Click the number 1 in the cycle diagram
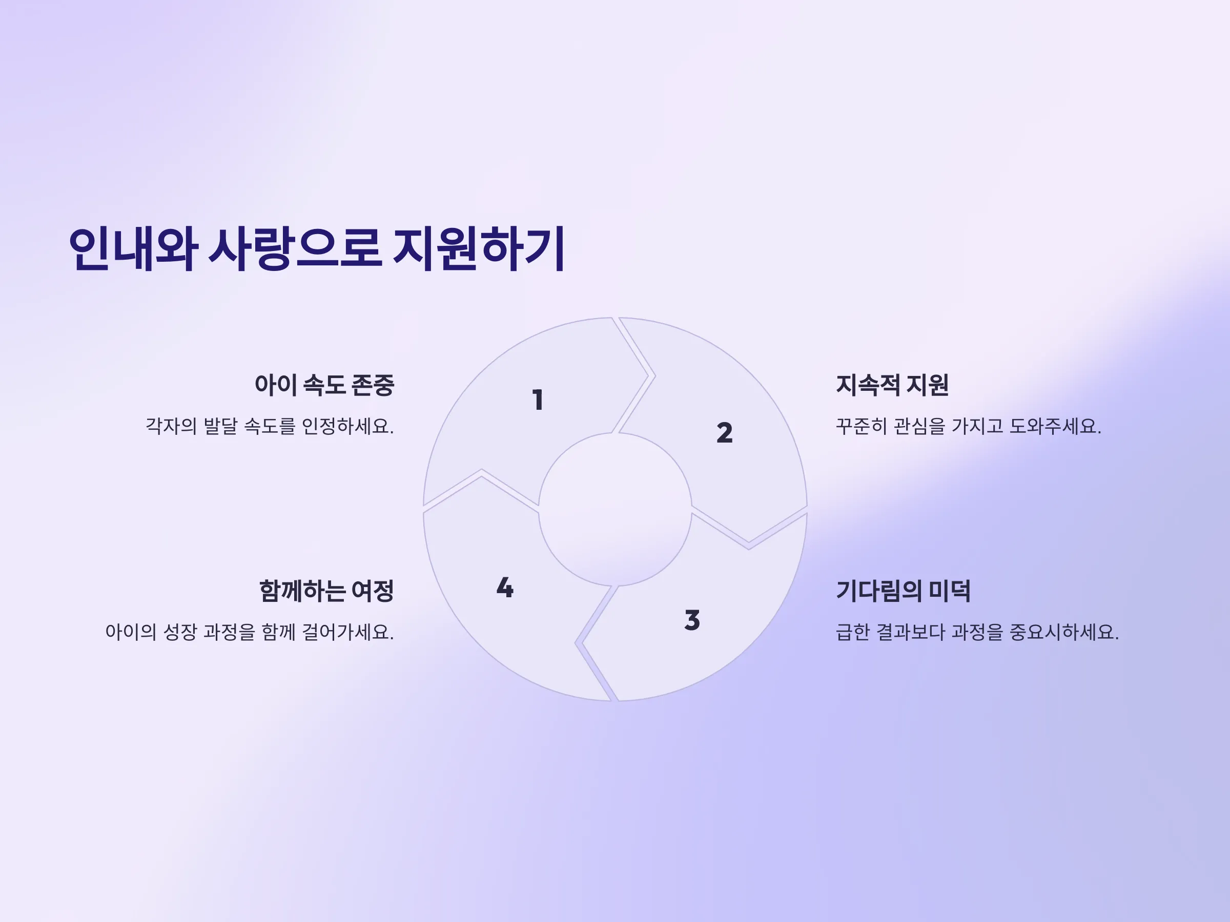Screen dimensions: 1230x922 click(538, 400)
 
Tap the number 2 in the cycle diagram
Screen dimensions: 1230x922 click(725, 432)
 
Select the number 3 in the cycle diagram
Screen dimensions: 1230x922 click(692, 620)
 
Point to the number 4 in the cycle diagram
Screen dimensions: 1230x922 click(505, 588)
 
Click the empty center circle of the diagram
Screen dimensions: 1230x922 click(615, 509)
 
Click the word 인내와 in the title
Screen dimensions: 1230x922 click(133, 248)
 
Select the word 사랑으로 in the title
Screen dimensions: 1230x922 click(295, 248)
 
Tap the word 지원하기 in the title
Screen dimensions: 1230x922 click(479, 248)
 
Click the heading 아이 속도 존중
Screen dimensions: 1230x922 click(324, 385)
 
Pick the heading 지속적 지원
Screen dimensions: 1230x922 click(892, 385)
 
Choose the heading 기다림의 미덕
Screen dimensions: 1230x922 click(904, 591)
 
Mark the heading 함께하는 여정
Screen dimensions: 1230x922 click(326, 591)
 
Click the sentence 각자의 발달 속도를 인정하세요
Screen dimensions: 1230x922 click(270, 426)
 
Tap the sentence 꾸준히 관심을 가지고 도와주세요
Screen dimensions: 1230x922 click(969, 426)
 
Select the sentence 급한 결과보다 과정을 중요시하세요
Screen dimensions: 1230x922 click(977, 632)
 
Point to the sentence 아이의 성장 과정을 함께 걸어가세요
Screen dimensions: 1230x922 click(250, 632)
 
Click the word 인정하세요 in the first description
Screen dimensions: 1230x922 click(347, 426)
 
